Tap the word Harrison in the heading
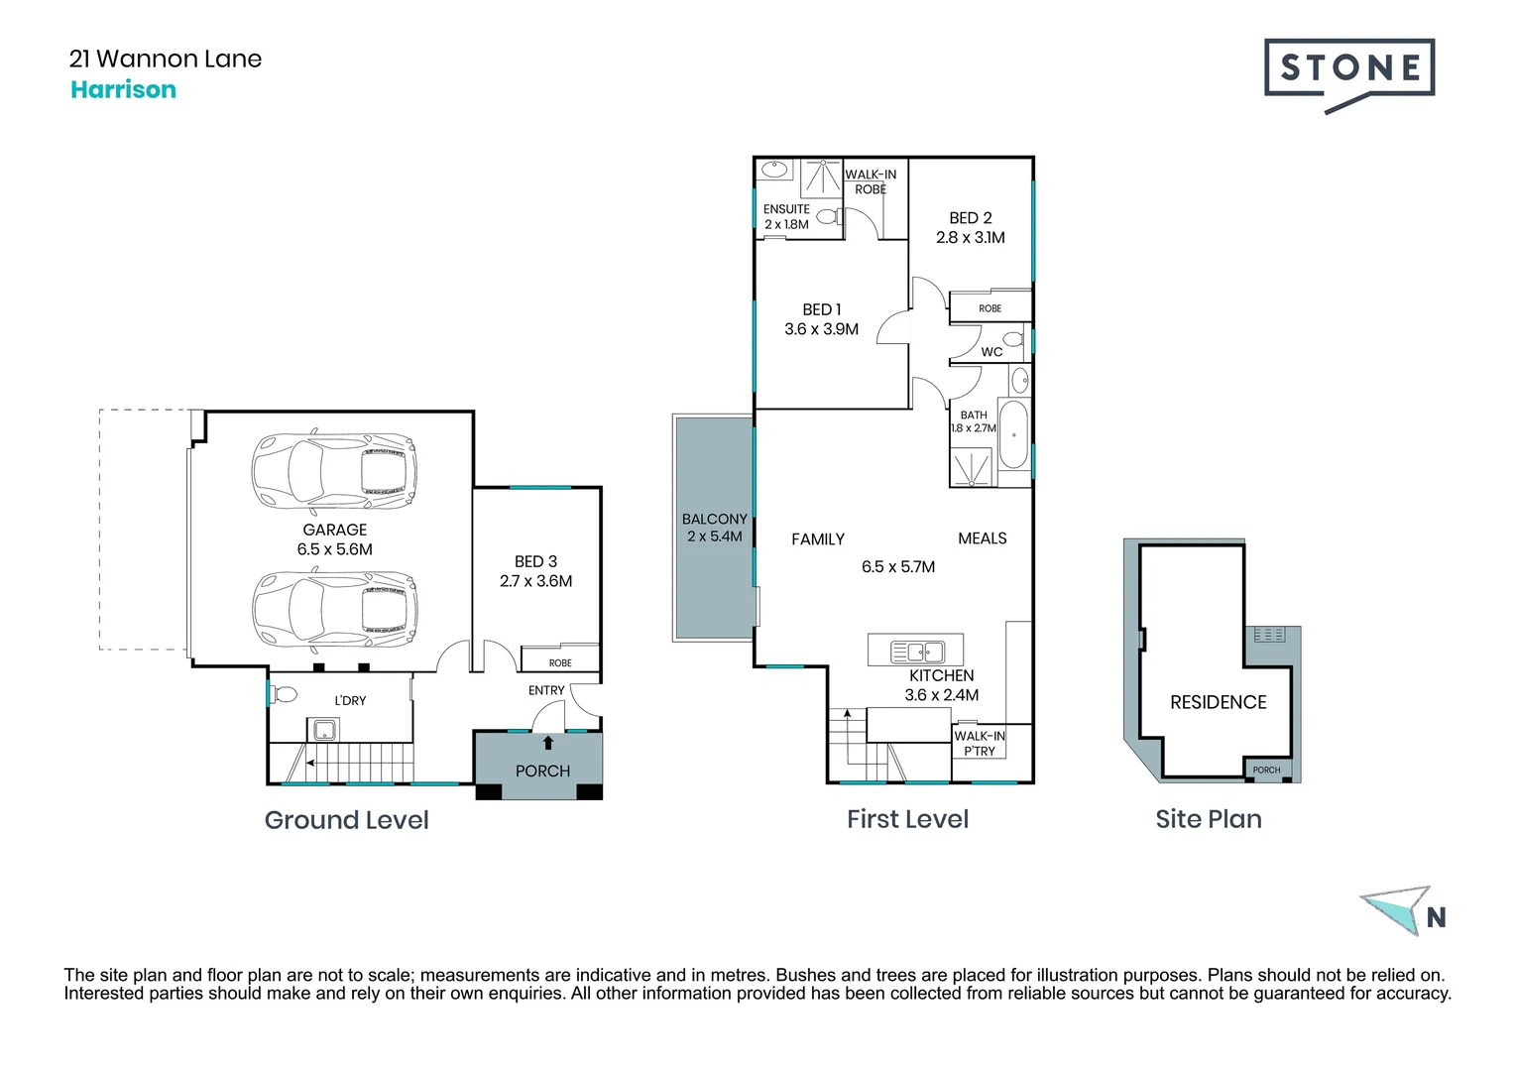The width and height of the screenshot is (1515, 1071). tap(123, 90)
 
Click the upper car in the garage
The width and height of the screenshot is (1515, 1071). tap(334, 470)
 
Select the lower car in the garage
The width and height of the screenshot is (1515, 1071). tap(334, 607)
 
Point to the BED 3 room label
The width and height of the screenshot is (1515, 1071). tap(535, 562)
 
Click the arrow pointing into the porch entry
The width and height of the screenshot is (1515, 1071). tap(547, 743)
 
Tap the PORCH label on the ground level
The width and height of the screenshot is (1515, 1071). tap(542, 772)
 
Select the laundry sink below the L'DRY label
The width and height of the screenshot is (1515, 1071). tap(323, 731)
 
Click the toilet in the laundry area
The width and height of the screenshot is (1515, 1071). tap(284, 693)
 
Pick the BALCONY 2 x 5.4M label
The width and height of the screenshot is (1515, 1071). tap(714, 528)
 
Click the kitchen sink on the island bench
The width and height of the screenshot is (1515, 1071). tap(918, 652)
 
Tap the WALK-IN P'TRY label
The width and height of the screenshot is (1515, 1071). tap(979, 743)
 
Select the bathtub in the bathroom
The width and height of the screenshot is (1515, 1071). tap(1012, 434)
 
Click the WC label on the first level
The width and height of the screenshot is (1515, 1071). tap(991, 352)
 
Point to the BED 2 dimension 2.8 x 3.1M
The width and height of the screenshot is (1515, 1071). tap(970, 238)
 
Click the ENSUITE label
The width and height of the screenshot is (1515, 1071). tap(786, 209)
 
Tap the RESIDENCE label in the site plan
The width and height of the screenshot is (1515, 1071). tap(1218, 702)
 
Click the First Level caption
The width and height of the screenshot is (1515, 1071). tap(907, 819)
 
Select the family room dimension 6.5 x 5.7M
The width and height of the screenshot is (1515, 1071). tap(897, 567)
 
